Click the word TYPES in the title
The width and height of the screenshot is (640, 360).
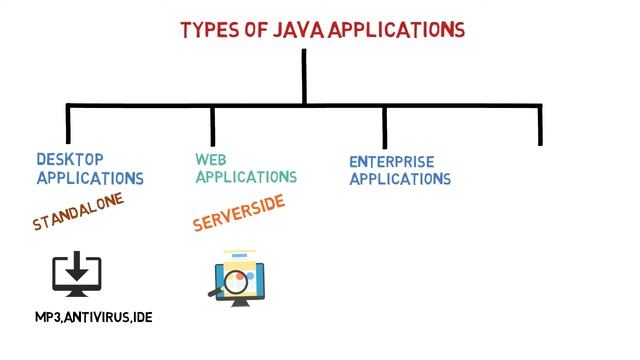click(209, 30)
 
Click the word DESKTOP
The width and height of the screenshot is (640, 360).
click(70, 159)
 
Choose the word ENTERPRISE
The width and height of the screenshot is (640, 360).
click(392, 161)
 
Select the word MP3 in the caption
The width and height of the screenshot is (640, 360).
click(50, 318)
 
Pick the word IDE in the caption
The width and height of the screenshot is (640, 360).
click(142, 318)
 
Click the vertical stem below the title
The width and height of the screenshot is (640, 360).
click(304, 75)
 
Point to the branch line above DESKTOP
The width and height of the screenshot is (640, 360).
click(68, 124)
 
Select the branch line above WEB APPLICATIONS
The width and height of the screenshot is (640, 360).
click(213, 124)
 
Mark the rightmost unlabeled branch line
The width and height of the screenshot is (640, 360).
click(541, 124)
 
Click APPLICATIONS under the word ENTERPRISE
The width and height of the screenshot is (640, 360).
click(400, 180)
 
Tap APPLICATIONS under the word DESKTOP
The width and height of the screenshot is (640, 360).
click(90, 179)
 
